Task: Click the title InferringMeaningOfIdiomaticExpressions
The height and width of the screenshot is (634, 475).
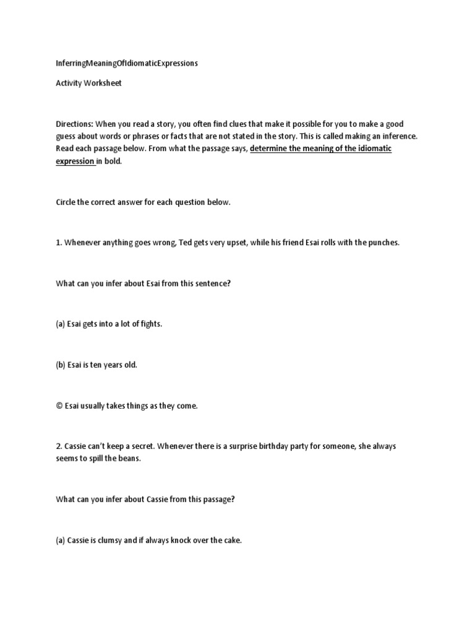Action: point(127,64)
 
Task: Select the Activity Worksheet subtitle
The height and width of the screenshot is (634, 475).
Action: point(88,83)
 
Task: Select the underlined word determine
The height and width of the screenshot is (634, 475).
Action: point(269,149)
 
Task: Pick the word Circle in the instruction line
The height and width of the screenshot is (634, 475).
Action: point(66,202)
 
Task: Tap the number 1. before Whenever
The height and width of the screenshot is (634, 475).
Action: point(59,243)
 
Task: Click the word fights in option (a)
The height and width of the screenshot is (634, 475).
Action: point(150,324)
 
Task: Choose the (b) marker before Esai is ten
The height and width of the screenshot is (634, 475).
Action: point(61,365)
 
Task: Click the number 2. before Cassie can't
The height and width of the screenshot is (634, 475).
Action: point(59,446)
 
